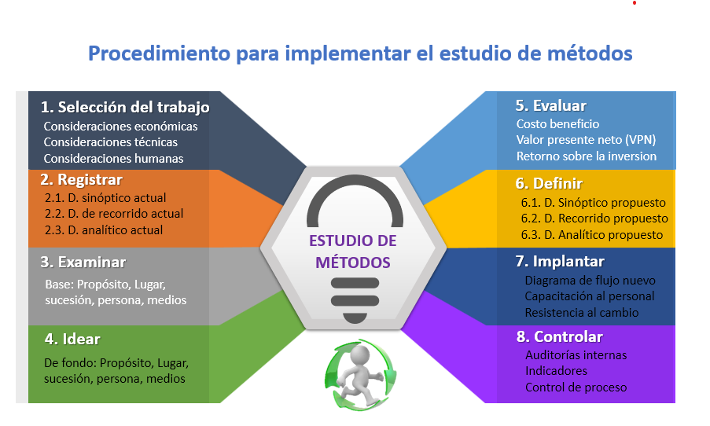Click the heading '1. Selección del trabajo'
click(125, 108)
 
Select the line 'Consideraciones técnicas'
click(111, 142)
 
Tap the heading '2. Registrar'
click(82, 180)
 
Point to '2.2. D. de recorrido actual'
click(114, 214)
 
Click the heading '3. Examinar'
click(83, 262)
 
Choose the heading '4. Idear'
click(72, 339)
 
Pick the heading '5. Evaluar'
click(550, 106)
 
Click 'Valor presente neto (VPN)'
click(586, 140)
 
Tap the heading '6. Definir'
click(549, 183)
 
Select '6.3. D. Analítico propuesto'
click(592, 235)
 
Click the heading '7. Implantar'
click(560, 262)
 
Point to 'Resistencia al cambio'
click(581, 313)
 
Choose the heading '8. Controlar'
click(560, 337)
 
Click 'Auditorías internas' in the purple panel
click(576, 355)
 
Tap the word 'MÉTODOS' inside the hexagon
click(353, 263)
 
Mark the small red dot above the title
click(635, 2)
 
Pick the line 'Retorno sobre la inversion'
click(587, 156)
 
